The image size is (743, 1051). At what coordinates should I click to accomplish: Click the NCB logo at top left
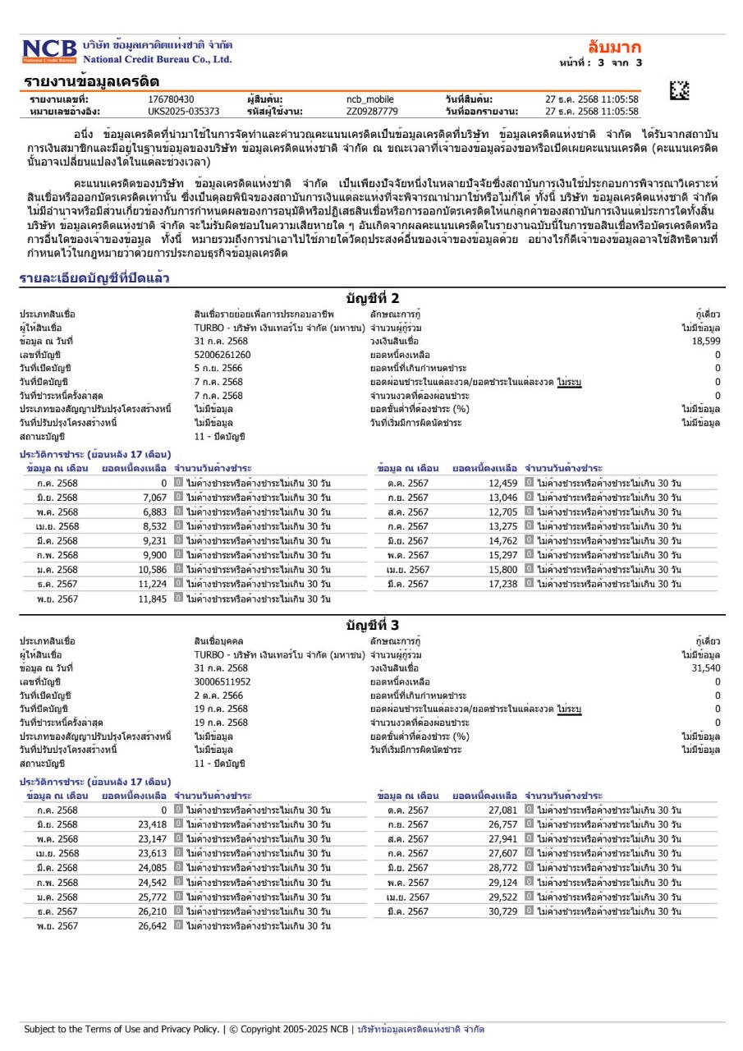pyautogui.click(x=49, y=51)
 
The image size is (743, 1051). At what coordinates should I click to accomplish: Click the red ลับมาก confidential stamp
pyautogui.click(x=614, y=47)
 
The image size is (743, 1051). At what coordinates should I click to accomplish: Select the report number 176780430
pyautogui.click(x=171, y=99)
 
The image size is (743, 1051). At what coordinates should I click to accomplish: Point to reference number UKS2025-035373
pyautogui.click(x=183, y=111)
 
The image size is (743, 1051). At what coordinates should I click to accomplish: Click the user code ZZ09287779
pyautogui.click(x=372, y=111)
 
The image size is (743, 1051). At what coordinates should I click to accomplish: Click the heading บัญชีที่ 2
pyautogui.click(x=372, y=298)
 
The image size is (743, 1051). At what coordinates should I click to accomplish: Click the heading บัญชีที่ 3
pyautogui.click(x=372, y=626)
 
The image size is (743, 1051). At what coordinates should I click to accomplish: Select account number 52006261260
pyautogui.click(x=222, y=355)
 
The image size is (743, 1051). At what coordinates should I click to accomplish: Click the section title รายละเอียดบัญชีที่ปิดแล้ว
pyautogui.click(x=94, y=279)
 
